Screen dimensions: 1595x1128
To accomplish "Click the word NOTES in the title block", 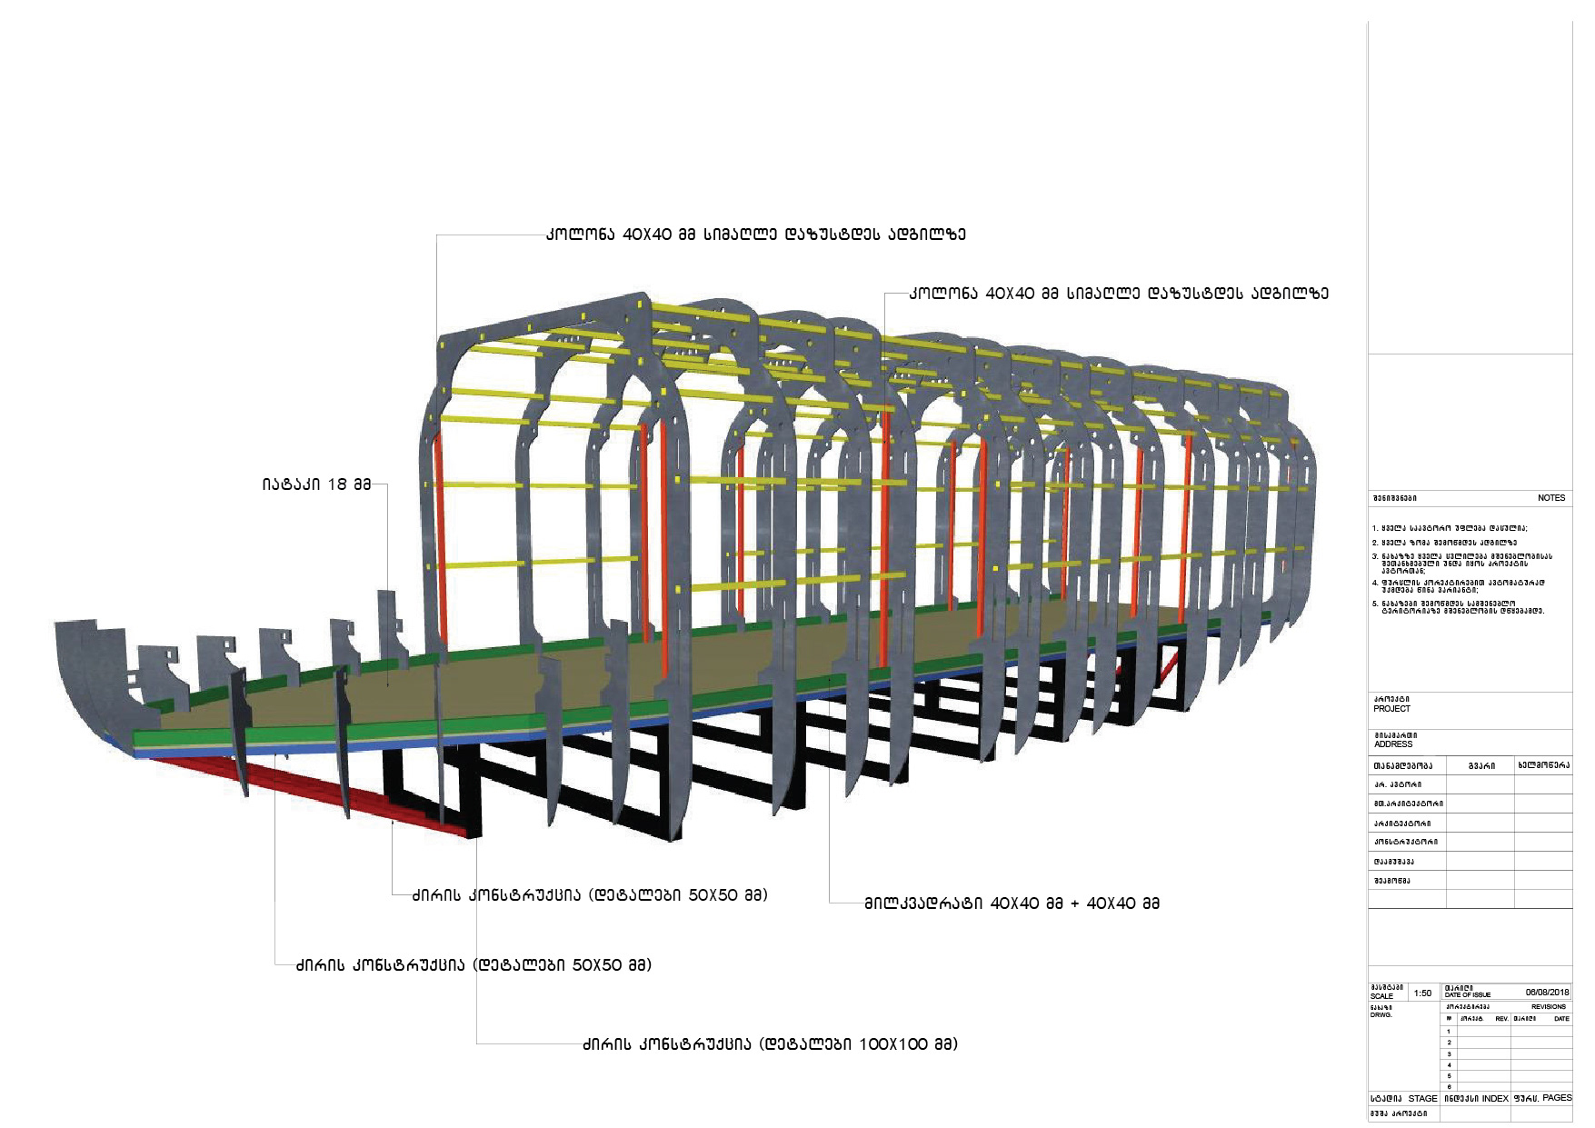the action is (1550, 498).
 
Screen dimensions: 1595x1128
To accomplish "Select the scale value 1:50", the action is (1423, 993).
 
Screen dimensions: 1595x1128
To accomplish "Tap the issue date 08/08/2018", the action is (1547, 993).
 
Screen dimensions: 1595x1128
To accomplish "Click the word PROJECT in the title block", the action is (1391, 709).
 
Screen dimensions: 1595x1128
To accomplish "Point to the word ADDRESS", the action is (1393, 744).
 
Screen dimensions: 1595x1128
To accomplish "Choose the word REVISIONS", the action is (1549, 1007).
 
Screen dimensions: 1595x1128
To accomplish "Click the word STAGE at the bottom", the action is (1422, 1099).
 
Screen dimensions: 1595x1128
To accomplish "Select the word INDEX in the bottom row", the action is (1495, 1099).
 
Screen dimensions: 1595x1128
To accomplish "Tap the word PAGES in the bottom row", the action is (1557, 1098).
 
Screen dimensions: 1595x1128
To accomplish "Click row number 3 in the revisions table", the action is (1449, 1054).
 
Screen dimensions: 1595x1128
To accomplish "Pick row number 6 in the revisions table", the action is (1449, 1087).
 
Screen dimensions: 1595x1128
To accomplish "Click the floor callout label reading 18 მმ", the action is (317, 484).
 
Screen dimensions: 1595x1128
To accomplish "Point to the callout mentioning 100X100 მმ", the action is (770, 1044).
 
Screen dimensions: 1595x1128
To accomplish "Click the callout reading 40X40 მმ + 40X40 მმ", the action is (1012, 903).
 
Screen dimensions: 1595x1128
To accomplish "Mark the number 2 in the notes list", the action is (1375, 543).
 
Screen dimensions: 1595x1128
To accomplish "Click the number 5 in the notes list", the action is (1375, 604).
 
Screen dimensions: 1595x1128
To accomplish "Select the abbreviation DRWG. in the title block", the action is (1381, 1014).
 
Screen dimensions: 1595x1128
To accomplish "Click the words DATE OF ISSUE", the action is (1468, 995).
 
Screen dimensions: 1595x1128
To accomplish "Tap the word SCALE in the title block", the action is (1381, 996).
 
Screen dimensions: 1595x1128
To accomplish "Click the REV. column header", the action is (1501, 1019).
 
